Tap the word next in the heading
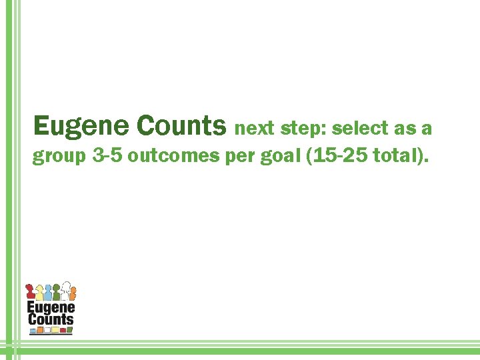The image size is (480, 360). tap(255, 128)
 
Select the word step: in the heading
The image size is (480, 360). tap(303, 128)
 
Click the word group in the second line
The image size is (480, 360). tap(60, 157)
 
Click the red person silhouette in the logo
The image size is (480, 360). tap(30, 292)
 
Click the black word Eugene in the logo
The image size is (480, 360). tap(51, 307)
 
